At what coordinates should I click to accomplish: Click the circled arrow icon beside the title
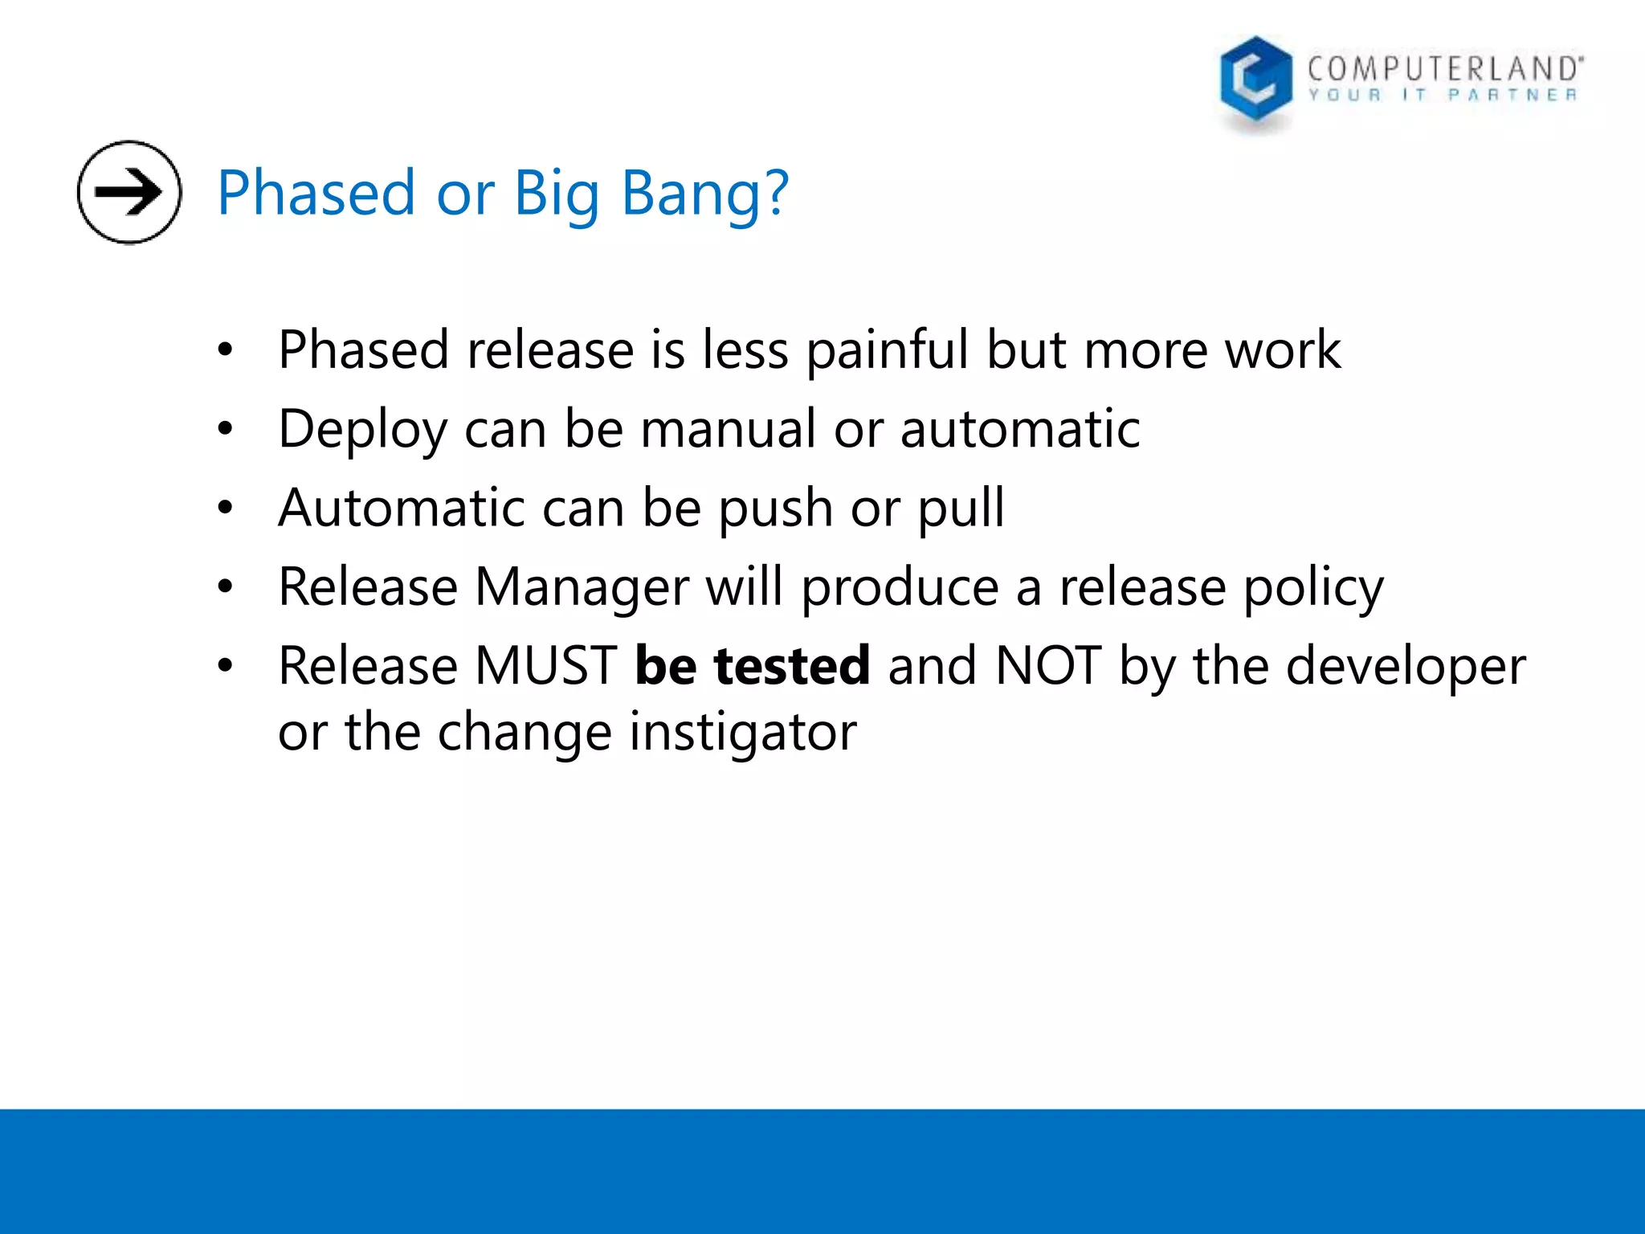click(129, 192)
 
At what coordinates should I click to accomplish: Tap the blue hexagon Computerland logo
click(1255, 80)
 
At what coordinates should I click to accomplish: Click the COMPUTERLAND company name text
click(1444, 69)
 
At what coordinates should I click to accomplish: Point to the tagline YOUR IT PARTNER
click(1443, 96)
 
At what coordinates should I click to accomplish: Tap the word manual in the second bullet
click(728, 429)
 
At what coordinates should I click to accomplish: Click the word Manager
click(582, 588)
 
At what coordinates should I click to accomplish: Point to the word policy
click(1313, 588)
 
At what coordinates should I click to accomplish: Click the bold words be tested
click(752, 666)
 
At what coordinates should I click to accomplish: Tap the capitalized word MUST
click(545, 666)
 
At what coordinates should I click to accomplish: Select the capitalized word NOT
click(1047, 666)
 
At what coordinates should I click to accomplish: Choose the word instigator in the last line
click(743, 733)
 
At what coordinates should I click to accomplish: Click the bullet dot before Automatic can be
click(225, 508)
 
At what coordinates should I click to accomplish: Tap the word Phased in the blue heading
click(316, 194)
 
